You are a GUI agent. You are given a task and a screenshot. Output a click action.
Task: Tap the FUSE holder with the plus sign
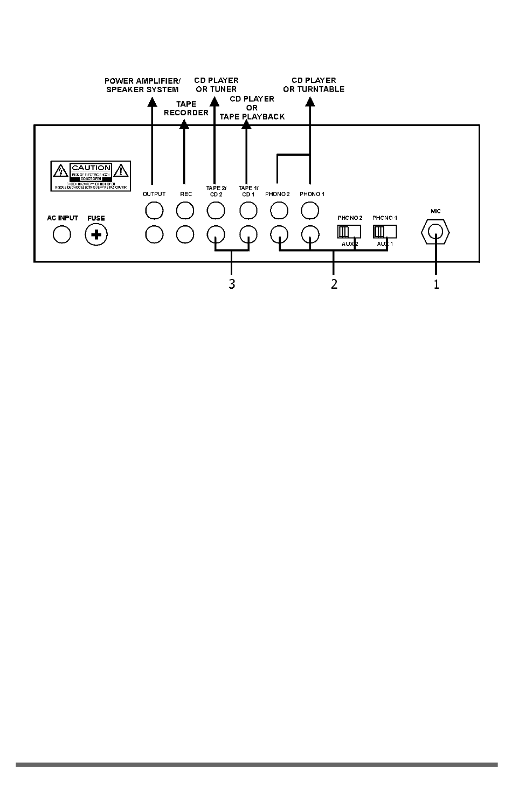tap(96, 234)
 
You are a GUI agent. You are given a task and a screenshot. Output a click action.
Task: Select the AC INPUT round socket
tap(62, 234)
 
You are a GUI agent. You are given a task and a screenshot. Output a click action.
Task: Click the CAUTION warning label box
tap(91, 176)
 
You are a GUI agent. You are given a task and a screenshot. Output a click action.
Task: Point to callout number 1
tap(437, 284)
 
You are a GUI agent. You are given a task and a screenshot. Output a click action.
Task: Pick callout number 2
tap(334, 284)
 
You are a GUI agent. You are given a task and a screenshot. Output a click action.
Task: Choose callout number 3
tap(232, 284)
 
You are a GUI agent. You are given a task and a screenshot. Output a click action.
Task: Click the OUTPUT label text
tap(154, 194)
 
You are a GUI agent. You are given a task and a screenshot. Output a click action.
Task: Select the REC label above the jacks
tap(185, 194)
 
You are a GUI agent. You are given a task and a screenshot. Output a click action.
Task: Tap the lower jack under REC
tap(185, 234)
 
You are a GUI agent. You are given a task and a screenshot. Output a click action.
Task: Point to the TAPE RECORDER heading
tap(186, 108)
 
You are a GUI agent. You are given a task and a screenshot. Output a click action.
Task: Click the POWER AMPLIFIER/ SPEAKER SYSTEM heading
tap(142, 85)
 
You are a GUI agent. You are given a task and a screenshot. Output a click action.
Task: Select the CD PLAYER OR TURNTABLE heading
tap(314, 85)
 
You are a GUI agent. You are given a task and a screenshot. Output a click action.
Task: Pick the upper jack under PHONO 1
tap(310, 210)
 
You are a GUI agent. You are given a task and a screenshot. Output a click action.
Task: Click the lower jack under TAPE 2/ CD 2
tap(216, 234)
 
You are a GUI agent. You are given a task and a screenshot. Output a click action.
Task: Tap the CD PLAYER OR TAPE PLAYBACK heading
tap(252, 108)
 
